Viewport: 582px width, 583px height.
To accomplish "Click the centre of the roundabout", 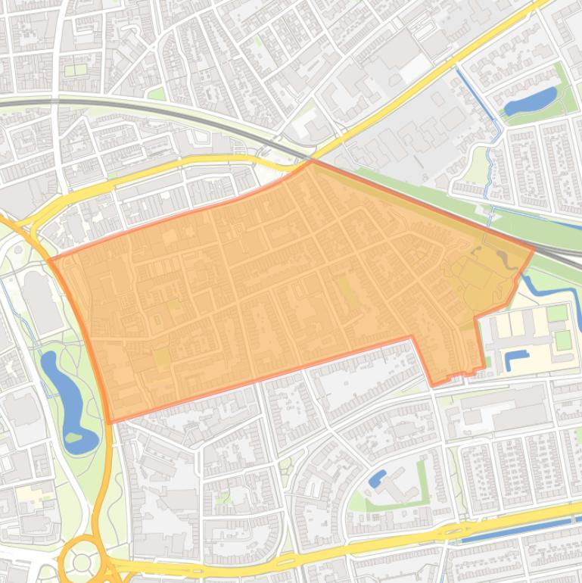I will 82,561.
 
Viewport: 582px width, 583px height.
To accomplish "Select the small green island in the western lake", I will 73,438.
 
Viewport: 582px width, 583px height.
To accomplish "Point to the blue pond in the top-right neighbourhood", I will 531,101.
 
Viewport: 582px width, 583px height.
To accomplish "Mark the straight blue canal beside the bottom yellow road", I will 515,530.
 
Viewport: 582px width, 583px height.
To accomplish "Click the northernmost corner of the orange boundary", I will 311,161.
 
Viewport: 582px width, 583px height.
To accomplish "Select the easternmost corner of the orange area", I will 534,248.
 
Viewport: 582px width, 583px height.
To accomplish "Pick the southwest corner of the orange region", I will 110,422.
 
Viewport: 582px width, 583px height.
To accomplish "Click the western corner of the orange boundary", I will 50,260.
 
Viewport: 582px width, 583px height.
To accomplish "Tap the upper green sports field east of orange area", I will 557,313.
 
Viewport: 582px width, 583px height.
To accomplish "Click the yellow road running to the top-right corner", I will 454,61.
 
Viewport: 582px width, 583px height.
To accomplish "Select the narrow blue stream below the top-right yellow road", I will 484,114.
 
